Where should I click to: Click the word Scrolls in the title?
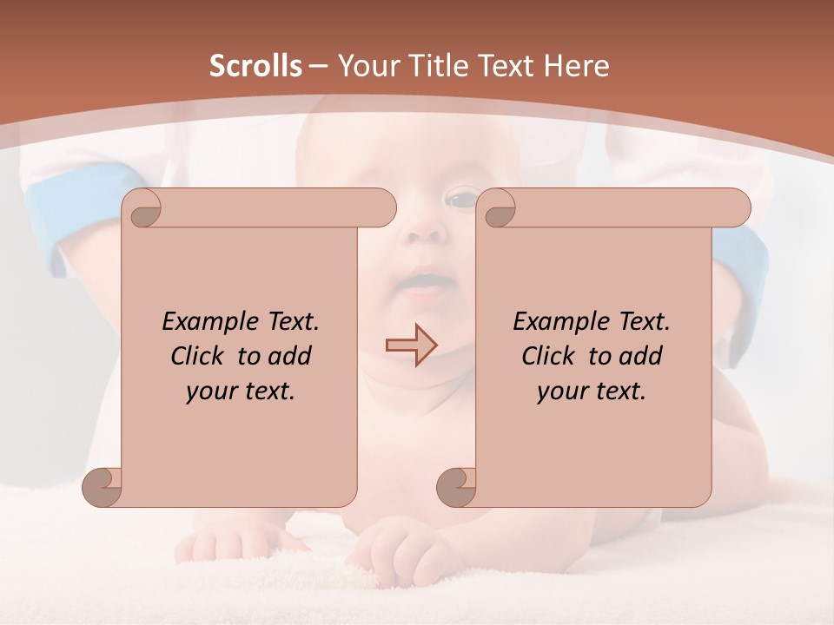click(x=255, y=66)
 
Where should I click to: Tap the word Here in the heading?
click(x=577, y=66)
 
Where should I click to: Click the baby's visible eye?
click(x=460, y=199)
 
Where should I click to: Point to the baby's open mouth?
click(x=424, y=283)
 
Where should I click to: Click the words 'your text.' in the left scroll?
click(x=241, y=391)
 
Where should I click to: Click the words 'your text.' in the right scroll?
click(x=592, y=391)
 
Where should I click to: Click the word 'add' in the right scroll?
click(x=641, y=356)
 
